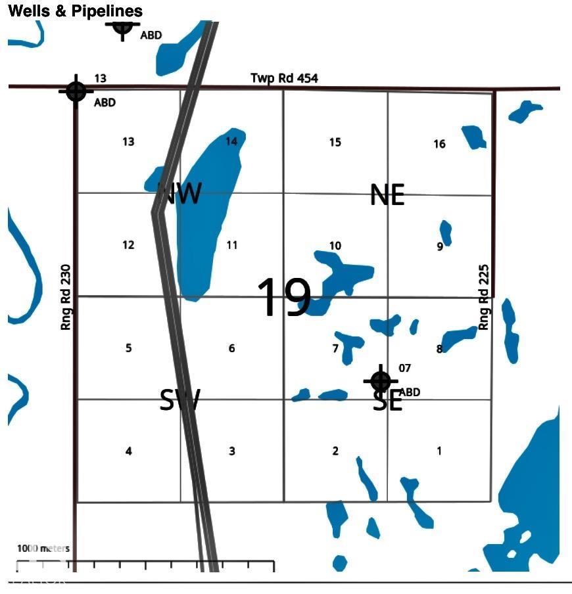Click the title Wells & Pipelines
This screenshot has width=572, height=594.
tap(75, 11)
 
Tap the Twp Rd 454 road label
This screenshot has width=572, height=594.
tap(284, 78)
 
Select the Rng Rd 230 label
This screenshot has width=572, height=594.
tap(66, 302)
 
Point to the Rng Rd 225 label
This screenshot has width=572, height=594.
tap(484, 302)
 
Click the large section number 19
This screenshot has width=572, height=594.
tap(283, 298)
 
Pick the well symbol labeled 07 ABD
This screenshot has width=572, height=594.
tap(381, 380)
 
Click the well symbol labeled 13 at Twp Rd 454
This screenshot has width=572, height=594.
tap(76, 91)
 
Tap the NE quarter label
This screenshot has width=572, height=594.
tap(387, 194)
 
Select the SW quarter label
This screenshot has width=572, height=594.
tap(179, 400)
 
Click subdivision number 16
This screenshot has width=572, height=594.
tap(439, 144)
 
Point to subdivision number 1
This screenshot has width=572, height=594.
tap(439, 451)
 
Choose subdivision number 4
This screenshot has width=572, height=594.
tap(128, 451)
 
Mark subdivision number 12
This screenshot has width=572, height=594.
tap(128, 245)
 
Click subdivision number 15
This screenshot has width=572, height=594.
tap(335, 142)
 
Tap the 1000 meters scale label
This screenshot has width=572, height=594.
tap(43, 548)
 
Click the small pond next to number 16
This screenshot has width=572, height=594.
tap(474, 137)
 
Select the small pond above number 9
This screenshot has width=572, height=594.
tap(446, 231)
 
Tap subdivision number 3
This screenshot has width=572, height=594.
tap(231, 451)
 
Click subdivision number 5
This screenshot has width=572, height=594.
tap(128, 348)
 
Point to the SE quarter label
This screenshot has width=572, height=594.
tap(387, 401)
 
